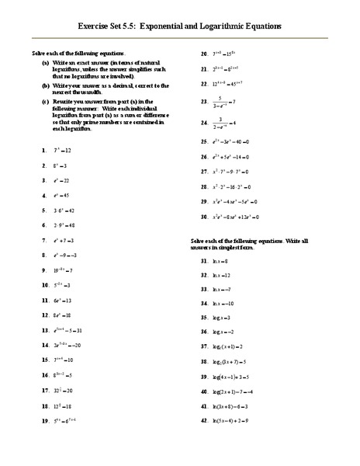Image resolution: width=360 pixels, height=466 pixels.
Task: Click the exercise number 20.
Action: pos(202,54)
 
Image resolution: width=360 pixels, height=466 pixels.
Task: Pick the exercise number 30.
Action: pos(202,216)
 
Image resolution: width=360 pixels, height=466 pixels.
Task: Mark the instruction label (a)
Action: pos(47,60)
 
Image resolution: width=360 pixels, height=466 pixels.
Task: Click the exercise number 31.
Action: pos(202,261)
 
